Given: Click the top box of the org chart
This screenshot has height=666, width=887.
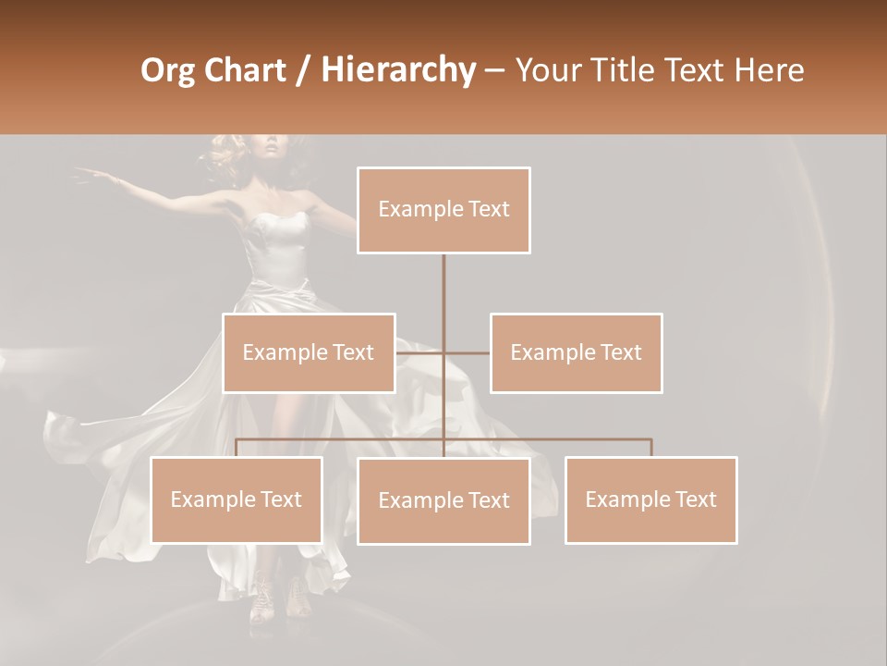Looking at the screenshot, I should pos(443,210).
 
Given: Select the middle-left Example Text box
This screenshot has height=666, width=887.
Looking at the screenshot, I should pos(309,352).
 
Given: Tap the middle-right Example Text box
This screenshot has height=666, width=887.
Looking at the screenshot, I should pos(576,352).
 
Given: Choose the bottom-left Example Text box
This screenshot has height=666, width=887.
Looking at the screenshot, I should pos(237,499).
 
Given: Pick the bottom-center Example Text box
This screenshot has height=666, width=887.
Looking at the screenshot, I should pos(443,500).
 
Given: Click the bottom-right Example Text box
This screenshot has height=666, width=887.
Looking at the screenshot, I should pos(650,499).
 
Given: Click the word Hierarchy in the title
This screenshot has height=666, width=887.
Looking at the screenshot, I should pos(398,69).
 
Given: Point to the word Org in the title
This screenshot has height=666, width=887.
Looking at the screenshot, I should pos(167,70).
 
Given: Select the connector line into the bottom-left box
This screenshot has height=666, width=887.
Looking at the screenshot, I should pos(237,448).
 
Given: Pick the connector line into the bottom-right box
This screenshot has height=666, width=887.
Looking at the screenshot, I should pos(650,448).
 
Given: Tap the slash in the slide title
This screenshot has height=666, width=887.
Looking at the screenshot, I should pos(301,71).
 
